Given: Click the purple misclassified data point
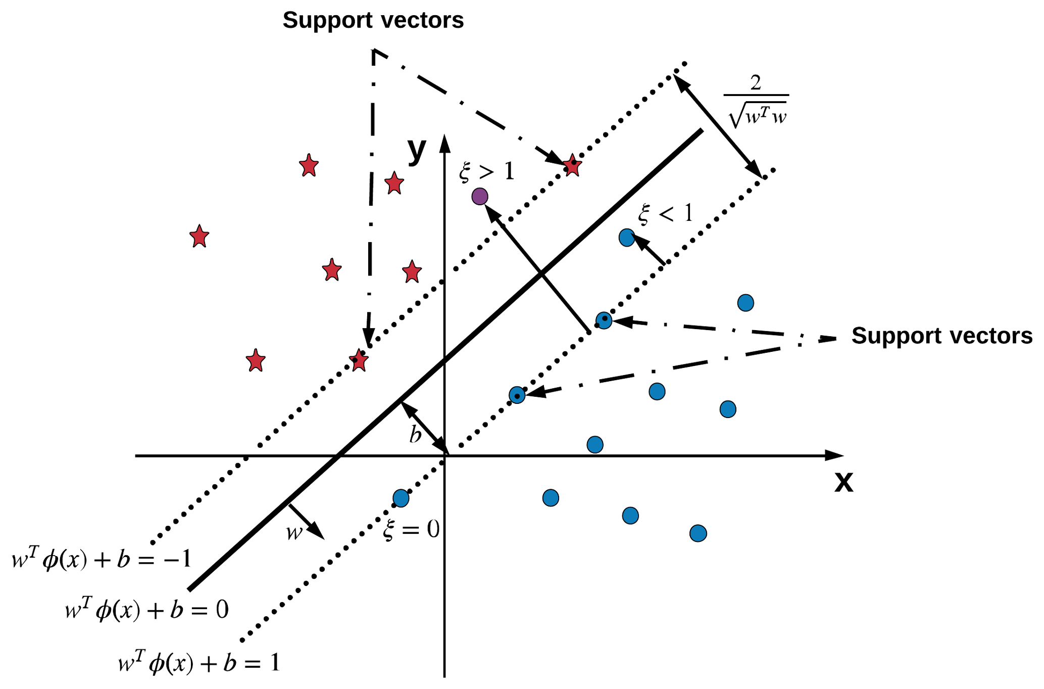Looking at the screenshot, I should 480,196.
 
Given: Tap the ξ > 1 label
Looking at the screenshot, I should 486,172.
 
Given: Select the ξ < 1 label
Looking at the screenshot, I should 665,214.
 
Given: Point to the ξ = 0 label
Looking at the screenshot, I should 411,530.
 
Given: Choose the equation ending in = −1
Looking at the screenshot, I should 101,560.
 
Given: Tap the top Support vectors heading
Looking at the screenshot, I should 373,21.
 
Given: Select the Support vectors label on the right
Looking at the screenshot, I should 941,336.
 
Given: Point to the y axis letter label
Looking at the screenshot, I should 417,150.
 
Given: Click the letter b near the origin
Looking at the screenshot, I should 415,435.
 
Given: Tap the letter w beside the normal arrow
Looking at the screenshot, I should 294,533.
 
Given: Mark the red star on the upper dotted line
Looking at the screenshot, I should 572,165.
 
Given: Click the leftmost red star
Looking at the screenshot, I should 200,237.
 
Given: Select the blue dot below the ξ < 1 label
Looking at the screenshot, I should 627,237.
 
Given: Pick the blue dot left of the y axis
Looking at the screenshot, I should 401,498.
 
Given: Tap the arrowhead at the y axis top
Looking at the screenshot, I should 444,143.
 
